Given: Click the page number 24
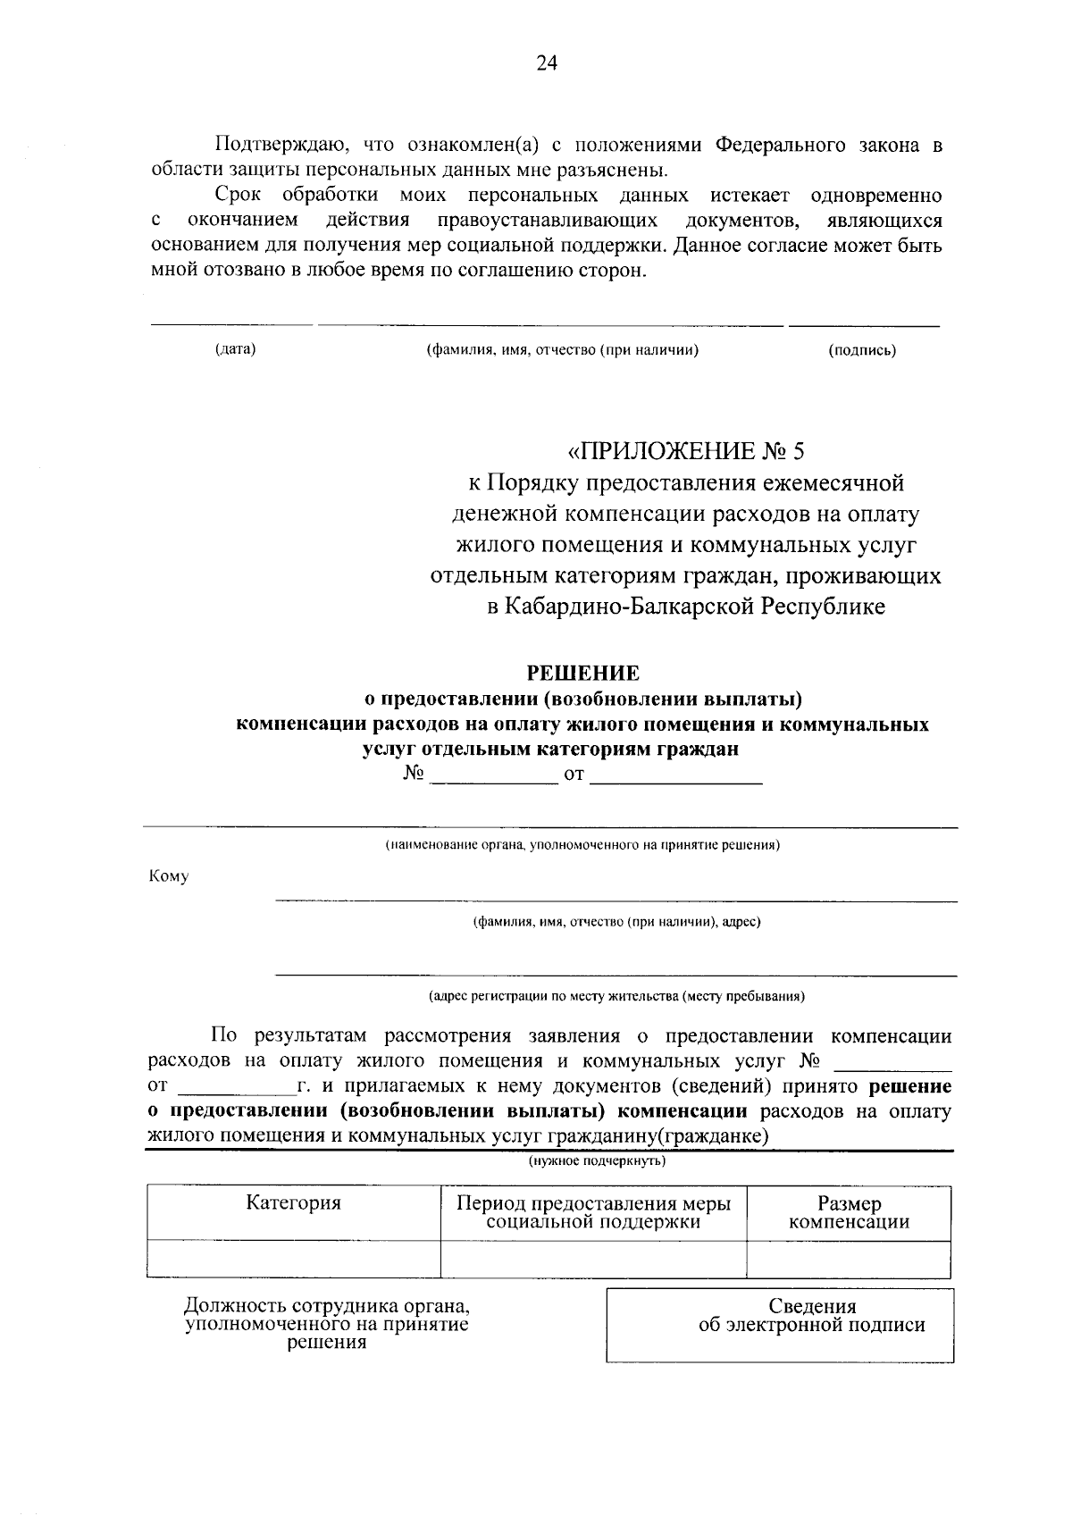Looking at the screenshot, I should coord(546,63).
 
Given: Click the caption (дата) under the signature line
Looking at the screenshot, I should coord(235,349).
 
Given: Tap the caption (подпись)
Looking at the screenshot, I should coord(862,350).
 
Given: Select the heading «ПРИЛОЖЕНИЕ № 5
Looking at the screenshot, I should coord(685,449).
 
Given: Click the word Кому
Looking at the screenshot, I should coord(169,876).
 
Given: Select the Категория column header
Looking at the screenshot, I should coord(293,1203).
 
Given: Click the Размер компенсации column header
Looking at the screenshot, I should coord(849,1213).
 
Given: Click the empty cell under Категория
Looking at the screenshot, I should coord(293,1260).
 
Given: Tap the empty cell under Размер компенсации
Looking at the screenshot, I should coord(849,1260).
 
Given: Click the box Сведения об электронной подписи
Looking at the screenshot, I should coord(779,1325).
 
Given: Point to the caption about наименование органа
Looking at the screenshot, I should coord(582,844).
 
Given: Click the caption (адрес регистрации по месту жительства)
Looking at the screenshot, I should coord(616,995).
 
